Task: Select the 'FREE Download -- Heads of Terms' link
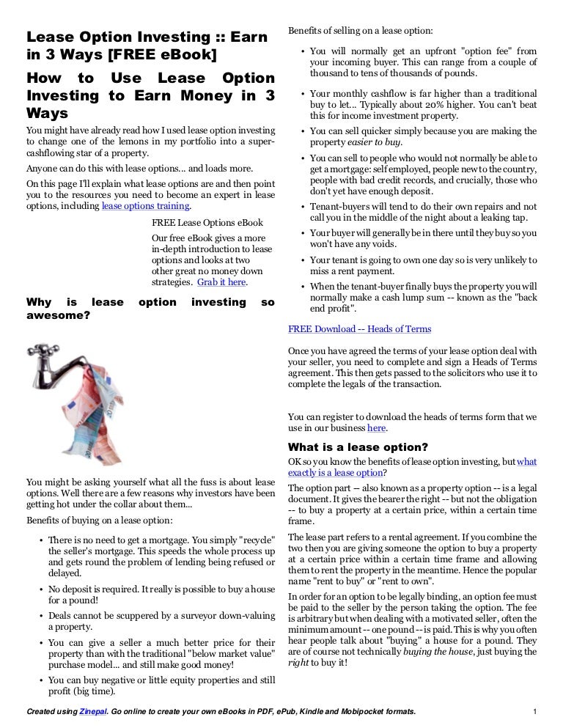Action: click(359, 329)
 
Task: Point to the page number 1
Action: click(536, 711)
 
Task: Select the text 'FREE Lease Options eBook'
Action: click(207, 223)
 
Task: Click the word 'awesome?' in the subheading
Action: click(58, 316)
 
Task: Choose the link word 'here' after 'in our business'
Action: click(376, 428)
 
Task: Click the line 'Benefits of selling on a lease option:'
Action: click(360, 31)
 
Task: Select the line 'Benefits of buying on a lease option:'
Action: click(99, 521)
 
